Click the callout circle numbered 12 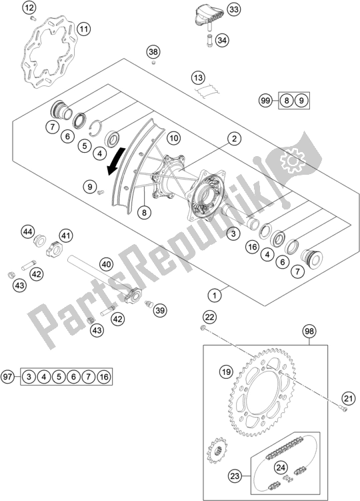29,8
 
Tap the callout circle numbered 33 234,10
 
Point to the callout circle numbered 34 222,41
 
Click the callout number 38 153,52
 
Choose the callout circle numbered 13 199,77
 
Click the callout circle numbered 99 265,101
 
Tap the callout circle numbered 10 173,138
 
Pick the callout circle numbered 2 235,138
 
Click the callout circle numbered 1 215,296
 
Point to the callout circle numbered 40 107,265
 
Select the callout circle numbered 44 28,231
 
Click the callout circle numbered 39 160,310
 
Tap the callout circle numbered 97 7,376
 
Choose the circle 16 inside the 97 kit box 104,377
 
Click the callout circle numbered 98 309,331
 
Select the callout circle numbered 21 348,398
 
